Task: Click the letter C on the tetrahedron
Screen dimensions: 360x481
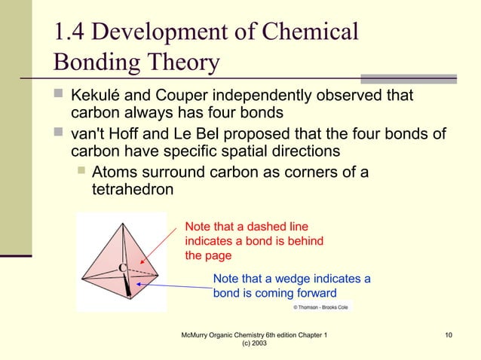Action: click(121, 268)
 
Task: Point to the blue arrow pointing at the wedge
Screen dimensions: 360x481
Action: click(175, 285)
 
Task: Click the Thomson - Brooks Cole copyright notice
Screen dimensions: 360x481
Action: click(321, 307)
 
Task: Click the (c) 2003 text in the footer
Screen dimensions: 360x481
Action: click(254, 343)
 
